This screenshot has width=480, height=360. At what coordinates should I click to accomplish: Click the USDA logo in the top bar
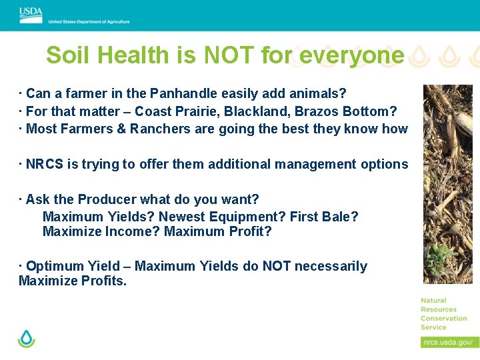pos(31,15)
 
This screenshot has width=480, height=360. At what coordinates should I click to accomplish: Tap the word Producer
pos(107,199)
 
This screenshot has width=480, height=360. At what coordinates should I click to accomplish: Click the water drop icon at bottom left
pos(26,339)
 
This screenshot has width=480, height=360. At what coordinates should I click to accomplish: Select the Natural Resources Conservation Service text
pos(443,314)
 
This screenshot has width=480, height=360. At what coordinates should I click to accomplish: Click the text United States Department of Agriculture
pos(89,21)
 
